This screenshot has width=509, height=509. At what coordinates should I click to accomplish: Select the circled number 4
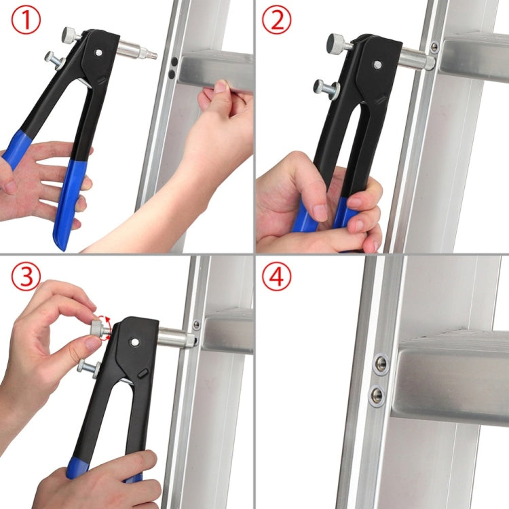[276, 276]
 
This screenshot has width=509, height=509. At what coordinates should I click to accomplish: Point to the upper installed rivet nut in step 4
[381, 364]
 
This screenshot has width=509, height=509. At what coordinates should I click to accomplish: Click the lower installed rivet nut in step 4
[377, 394]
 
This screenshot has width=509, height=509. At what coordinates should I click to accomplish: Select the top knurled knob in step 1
[70, 34]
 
